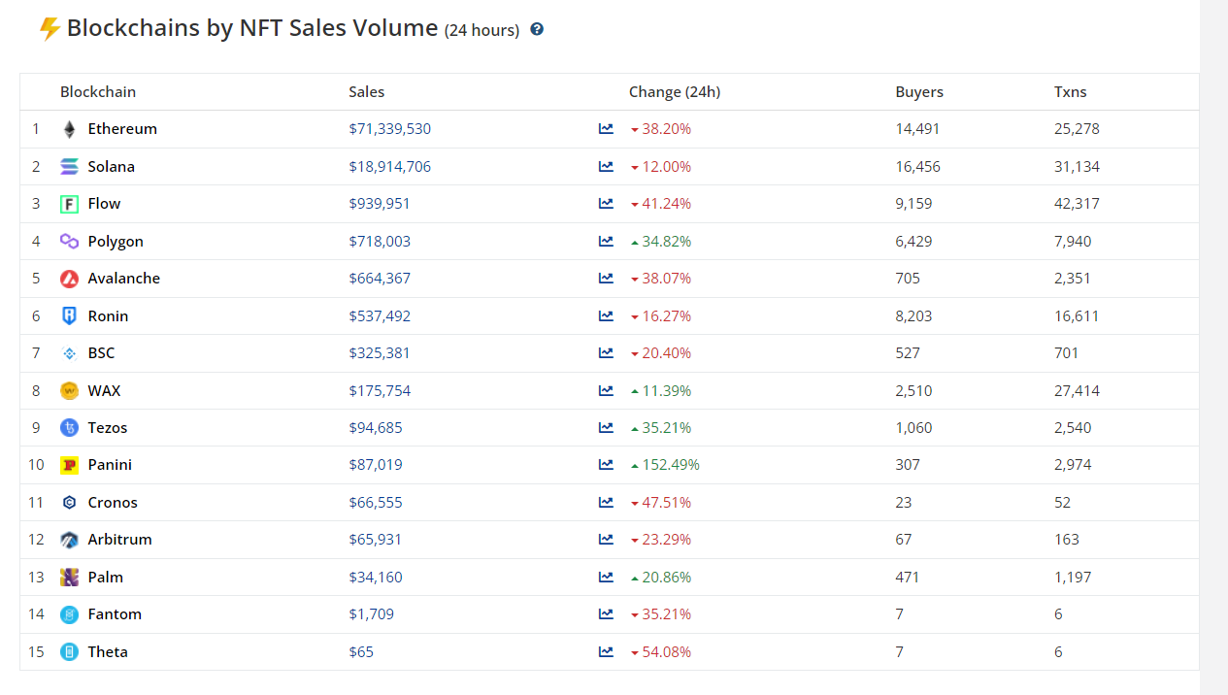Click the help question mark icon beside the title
point(537,29)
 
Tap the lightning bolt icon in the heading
point(50,29)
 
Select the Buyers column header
point(919,92)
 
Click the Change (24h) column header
point(675,92)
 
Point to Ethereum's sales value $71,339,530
point(389,129)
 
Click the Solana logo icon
point(69,167)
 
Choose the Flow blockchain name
point(104,204)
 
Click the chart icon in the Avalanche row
point(606,279)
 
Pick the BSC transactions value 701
point(1066,353)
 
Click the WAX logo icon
point(69,391)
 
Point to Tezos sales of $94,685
point(376,428)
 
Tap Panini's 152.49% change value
point(670,465)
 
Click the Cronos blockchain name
point(113,503)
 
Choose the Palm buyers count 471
point(908,578)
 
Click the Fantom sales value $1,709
point(371,614)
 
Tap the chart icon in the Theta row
point(606,652)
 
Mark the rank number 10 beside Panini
point(36,465)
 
